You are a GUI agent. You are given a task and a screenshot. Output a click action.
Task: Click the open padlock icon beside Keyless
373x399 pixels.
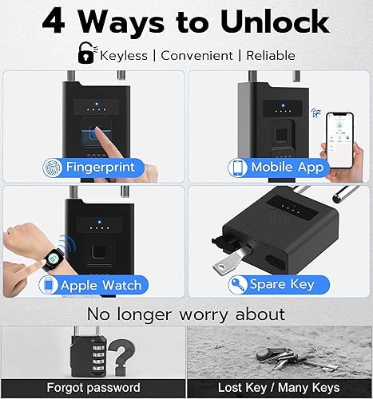pos(84,53)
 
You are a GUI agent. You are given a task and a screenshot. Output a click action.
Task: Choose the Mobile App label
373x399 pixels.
pos(288,168)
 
